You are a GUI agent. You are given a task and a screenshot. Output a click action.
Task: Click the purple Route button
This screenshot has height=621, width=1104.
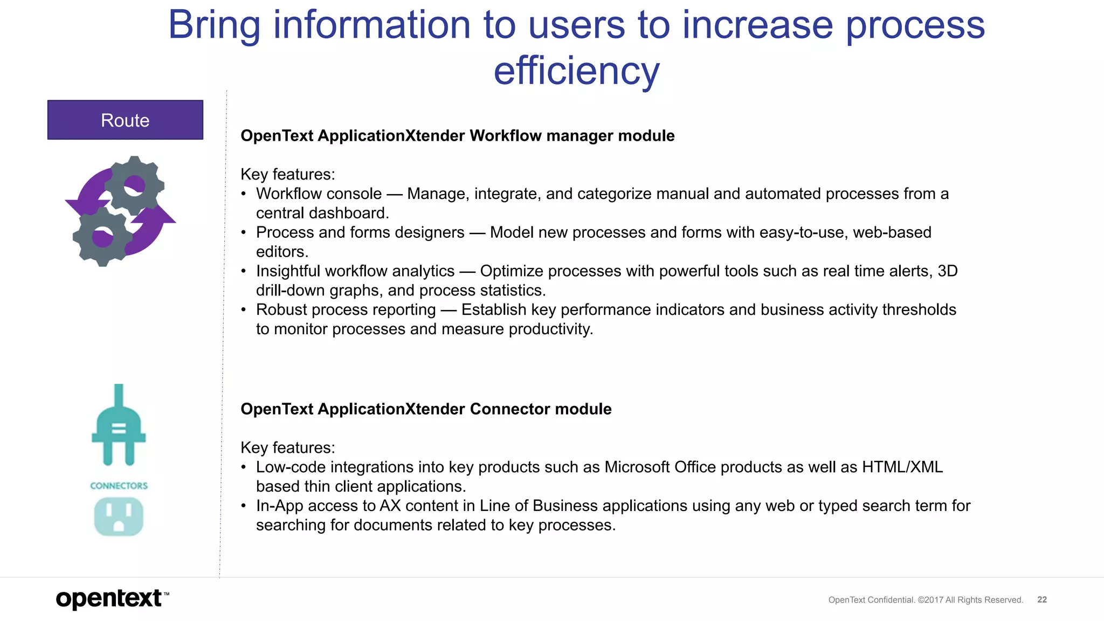tap(125, 120)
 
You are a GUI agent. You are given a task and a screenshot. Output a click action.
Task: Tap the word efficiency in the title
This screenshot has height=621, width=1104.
tap(576, 71)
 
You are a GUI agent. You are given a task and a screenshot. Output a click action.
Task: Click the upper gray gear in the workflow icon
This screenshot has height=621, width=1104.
tap(134, 185)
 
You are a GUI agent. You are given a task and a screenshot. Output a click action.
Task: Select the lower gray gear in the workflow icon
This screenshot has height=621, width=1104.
tap(102, 236)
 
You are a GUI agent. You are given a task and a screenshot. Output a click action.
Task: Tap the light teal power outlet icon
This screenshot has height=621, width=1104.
tap(119, 516)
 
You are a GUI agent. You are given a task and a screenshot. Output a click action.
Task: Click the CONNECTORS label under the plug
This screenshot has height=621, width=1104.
tap(119, 486)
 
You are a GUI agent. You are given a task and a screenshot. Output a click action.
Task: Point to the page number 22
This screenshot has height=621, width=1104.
tap(1042, 599)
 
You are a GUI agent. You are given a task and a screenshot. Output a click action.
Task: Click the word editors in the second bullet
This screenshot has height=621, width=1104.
tap(281, 252)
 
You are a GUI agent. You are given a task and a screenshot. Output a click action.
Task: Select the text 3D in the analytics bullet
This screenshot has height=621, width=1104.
tap(947, 271)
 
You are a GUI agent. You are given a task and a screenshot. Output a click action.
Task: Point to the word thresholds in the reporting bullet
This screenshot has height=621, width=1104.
tap(919, 309)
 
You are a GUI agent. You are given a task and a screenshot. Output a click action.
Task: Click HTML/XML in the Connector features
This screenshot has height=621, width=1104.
tap(902, 467)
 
